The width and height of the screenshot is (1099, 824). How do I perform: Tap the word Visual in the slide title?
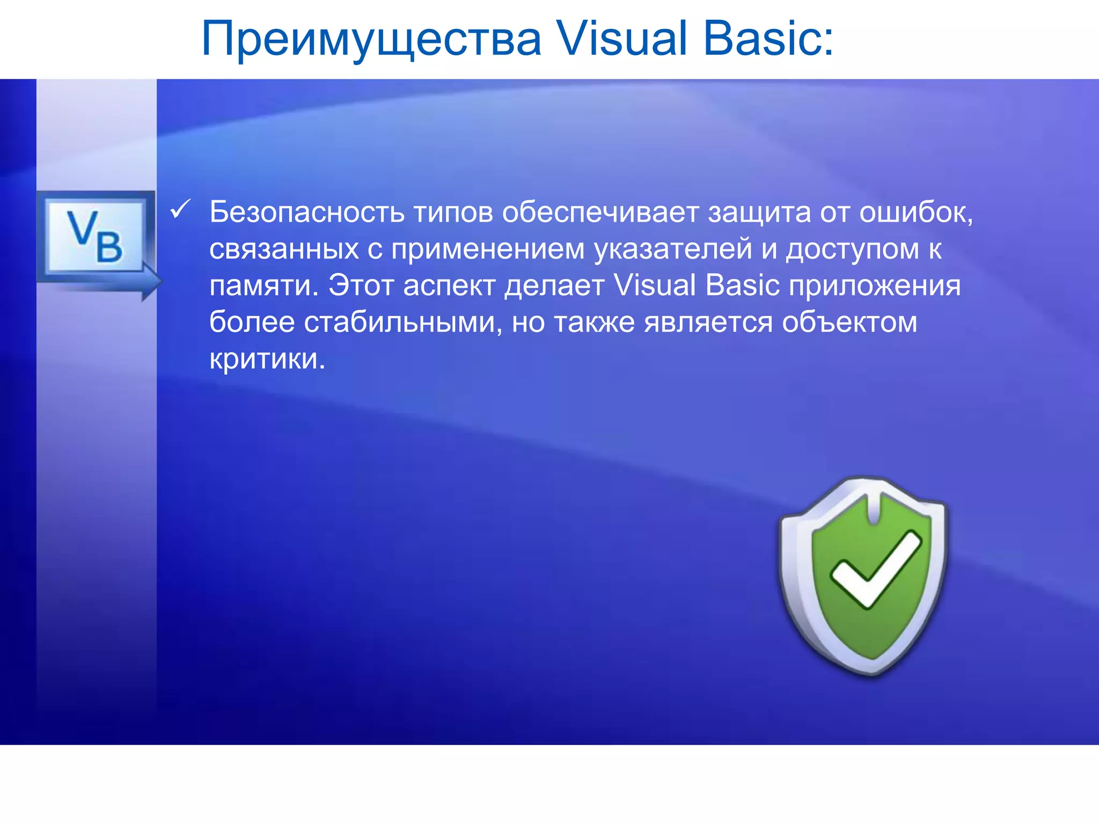click(621, 39)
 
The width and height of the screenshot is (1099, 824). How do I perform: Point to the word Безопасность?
click(306, 212)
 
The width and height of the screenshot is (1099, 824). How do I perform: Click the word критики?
click(267, 358)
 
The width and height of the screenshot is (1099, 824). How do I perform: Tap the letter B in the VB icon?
click(109, 247)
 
